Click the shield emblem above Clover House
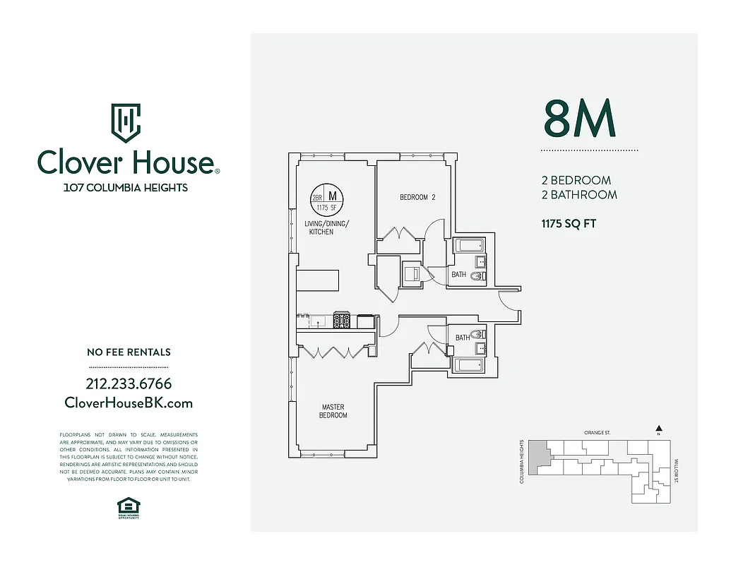126,123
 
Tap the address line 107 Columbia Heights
126,188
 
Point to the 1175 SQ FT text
569,224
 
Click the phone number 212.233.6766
129,384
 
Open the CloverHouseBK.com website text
129,403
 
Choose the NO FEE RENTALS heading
129,352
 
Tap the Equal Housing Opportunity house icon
129,505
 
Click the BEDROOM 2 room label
417,197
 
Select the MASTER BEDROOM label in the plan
334,411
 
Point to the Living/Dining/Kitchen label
326,227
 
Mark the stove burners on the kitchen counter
343,321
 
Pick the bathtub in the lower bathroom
468,365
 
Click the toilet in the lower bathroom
477,334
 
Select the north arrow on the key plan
658,428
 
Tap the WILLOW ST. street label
675,470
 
